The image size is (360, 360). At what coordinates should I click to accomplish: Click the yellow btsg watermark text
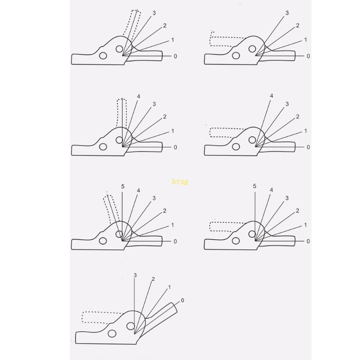(180, 182)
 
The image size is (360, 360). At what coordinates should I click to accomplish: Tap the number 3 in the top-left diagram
(154, 13)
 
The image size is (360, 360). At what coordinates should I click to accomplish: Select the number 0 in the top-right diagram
(308, 56)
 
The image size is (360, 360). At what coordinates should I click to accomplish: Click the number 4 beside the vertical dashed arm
(139, 96)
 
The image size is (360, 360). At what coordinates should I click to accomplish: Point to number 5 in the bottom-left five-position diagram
(123, 186)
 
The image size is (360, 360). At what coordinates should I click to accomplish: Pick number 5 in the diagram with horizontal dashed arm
(255, 186)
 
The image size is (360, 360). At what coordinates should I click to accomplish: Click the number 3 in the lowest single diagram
(135, 274)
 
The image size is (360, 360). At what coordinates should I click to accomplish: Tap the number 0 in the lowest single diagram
(182, 300)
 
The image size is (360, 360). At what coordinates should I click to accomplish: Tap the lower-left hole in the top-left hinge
(103, 55)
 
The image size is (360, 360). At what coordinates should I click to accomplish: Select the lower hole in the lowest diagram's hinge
(111, 333)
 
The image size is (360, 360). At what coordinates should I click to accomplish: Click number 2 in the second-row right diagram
(297, 117)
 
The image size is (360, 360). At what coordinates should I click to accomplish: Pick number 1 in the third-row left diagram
(172, 225)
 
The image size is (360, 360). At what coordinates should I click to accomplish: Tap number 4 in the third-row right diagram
(271, 190)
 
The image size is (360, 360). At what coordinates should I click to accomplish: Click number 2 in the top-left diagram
(165, 26)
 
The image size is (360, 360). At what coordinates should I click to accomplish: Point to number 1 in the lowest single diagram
(169, 287)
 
